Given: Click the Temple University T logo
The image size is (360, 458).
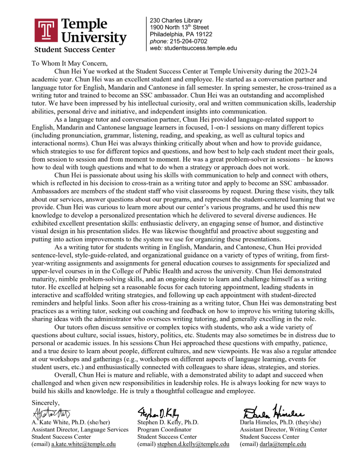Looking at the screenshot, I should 46,30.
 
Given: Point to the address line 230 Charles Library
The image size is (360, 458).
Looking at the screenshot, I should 176,21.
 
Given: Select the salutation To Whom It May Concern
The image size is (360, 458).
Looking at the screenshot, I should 70,63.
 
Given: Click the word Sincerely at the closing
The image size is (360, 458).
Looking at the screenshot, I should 46,403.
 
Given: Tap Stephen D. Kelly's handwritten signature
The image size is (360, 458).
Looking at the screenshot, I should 158,413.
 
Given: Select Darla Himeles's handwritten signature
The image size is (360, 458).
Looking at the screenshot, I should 273,412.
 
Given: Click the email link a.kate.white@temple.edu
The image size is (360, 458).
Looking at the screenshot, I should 83,444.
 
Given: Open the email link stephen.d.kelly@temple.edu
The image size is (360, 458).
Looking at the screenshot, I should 193,444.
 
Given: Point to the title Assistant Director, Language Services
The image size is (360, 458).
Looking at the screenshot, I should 80,429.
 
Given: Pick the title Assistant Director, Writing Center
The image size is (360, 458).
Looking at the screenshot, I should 283,429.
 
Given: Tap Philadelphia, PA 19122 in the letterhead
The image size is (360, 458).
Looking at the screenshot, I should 181,34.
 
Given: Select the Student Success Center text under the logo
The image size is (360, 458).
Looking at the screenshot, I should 75,50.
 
